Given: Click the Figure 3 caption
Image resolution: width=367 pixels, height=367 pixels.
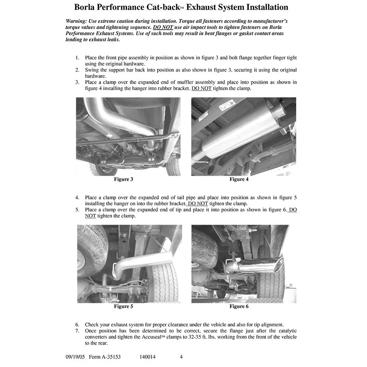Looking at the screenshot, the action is (x=123, y=179).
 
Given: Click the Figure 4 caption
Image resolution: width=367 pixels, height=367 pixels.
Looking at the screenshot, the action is (x=239, y=179).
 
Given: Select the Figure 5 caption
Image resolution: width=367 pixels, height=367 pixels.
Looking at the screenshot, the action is (x=123, y=306).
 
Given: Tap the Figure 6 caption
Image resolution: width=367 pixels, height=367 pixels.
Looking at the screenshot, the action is (x=239, y=306).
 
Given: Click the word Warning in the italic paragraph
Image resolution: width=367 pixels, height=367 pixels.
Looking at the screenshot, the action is (x=76, y=21).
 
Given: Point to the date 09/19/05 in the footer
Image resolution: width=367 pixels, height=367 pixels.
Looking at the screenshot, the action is (x=75, y=357).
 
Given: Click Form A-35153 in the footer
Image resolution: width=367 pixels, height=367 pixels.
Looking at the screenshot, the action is (x=105, y=357).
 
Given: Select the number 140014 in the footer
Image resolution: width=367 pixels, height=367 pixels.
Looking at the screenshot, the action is (x=148, y=357).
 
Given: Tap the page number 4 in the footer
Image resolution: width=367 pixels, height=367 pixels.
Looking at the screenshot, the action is (x=181, y=357).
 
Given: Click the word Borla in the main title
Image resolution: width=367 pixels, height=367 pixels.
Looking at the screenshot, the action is (x=84, y=7).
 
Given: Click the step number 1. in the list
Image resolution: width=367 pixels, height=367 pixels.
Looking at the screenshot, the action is (x=77, y=58).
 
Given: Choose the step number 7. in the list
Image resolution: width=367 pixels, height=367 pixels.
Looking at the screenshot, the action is (x=77, y=331).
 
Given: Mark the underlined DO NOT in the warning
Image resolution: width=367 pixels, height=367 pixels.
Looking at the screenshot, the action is (x=163, y=28).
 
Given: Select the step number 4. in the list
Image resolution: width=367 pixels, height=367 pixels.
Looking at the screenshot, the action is (x=77, y=198).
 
